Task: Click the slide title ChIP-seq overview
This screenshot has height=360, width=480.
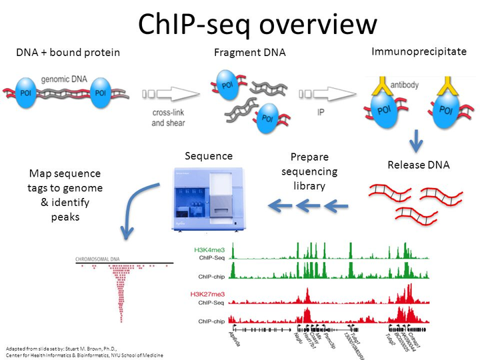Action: click(x=257, y=24)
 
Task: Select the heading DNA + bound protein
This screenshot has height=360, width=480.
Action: click(x=69, y=52)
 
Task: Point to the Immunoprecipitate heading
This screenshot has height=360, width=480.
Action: click(x=418, y=51)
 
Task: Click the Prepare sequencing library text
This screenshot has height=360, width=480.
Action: click(x=314, y=171)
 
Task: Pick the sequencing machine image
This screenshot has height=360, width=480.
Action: click(x=205, y=199)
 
